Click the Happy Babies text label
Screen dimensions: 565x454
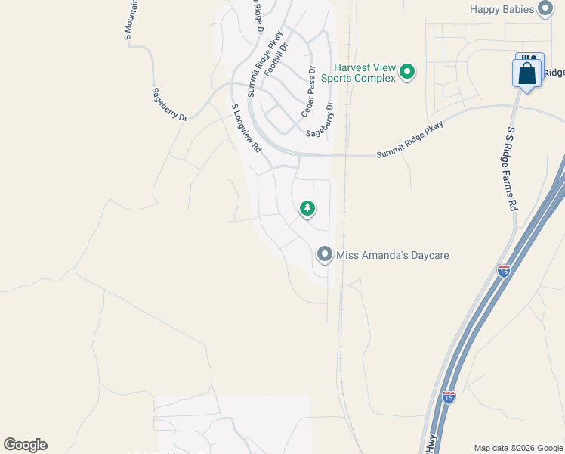click(x=502, y=9)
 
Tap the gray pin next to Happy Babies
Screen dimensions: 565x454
click(x=546, y=9)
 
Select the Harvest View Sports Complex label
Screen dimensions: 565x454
click(x=359, y=73)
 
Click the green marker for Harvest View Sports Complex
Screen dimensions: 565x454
click(x=407, y=73)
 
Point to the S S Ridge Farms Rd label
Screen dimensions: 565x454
click(x=511, y=168)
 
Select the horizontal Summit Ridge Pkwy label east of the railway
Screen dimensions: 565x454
click(x=410, y=140)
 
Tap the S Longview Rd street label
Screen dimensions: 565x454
click(x=245, y=128)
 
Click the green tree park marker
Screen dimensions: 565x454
click(x=307, y=208)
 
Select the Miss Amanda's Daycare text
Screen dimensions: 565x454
click(x=393, y=255)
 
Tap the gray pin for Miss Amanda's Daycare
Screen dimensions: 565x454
click(x=325, y=254)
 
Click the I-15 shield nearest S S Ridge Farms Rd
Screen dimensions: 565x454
click(x=504, y=270)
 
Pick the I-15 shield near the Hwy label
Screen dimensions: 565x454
click(x=449, y=397)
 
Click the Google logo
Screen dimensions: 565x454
click(x=25, y=445)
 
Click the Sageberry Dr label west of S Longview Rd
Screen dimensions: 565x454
click(x=169, y=104)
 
